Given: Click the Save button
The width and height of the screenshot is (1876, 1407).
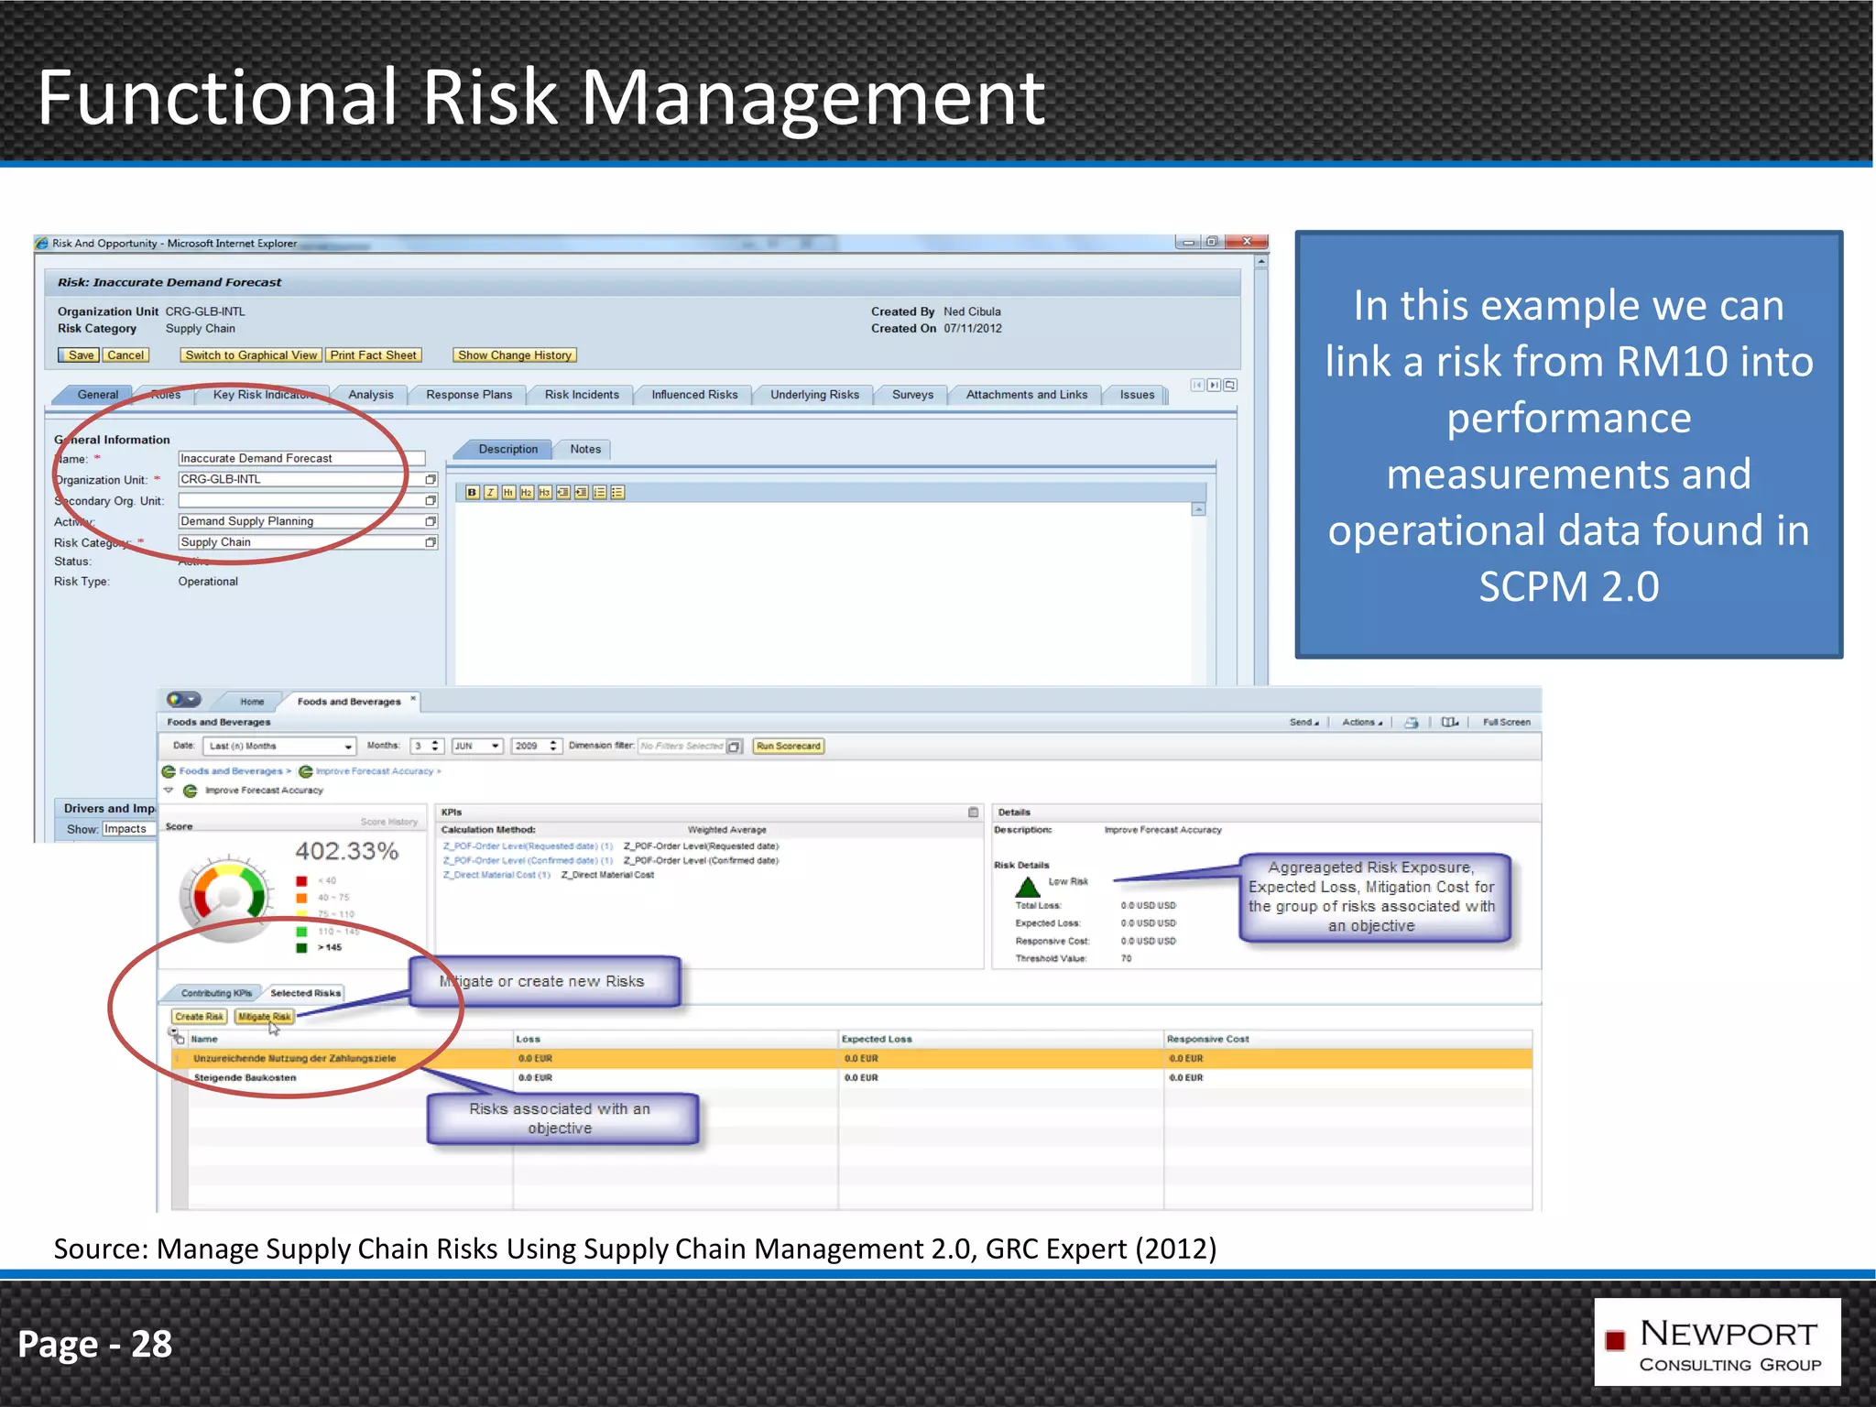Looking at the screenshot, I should pos(80,355).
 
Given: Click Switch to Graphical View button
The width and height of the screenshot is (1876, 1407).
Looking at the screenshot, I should pos(251,355).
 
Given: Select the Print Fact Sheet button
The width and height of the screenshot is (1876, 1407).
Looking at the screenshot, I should pos(374,355).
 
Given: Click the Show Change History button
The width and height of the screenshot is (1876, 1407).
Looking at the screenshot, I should pos(514,355).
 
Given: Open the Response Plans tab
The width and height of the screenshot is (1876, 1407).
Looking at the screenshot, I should pos(469,395).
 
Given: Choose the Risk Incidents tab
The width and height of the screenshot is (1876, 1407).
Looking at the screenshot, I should pos(582,395).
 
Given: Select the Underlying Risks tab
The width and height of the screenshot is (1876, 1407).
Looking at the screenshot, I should pos(814,395).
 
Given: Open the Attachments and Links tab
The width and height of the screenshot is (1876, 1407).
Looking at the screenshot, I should pos(1026,395).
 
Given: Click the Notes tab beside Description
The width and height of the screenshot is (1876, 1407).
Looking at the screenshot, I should pos(585,449).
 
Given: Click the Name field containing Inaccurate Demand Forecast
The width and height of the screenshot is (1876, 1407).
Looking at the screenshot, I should pos(300,458).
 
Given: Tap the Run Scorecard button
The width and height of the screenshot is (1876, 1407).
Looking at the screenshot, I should pos(788,747).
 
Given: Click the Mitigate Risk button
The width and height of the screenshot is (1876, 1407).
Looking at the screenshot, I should pos(264,1017).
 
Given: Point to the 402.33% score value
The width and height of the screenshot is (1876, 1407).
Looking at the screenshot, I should pos(346,851).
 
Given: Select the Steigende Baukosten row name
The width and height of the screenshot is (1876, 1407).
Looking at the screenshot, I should pos(245,1078).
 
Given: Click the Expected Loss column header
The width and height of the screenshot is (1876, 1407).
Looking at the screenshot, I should pos(877,1039).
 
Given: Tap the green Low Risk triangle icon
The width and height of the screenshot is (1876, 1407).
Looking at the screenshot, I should pos(1028,887).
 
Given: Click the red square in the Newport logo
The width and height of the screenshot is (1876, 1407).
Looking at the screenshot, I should pos(1615,1340).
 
